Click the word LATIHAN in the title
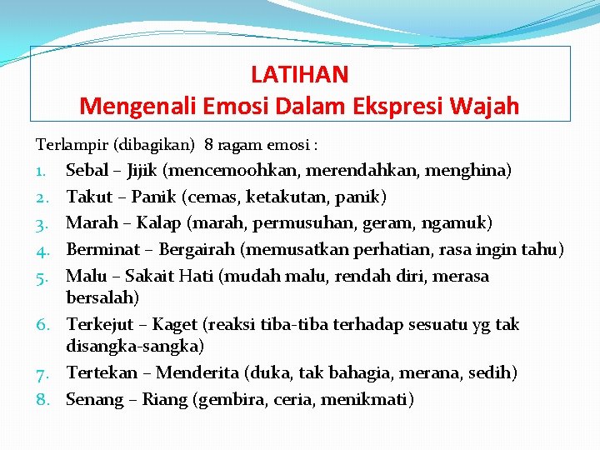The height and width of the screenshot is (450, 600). coord(299,74)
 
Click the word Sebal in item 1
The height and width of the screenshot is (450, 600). coord(87,171)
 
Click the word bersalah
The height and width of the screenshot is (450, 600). coord(102,297)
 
